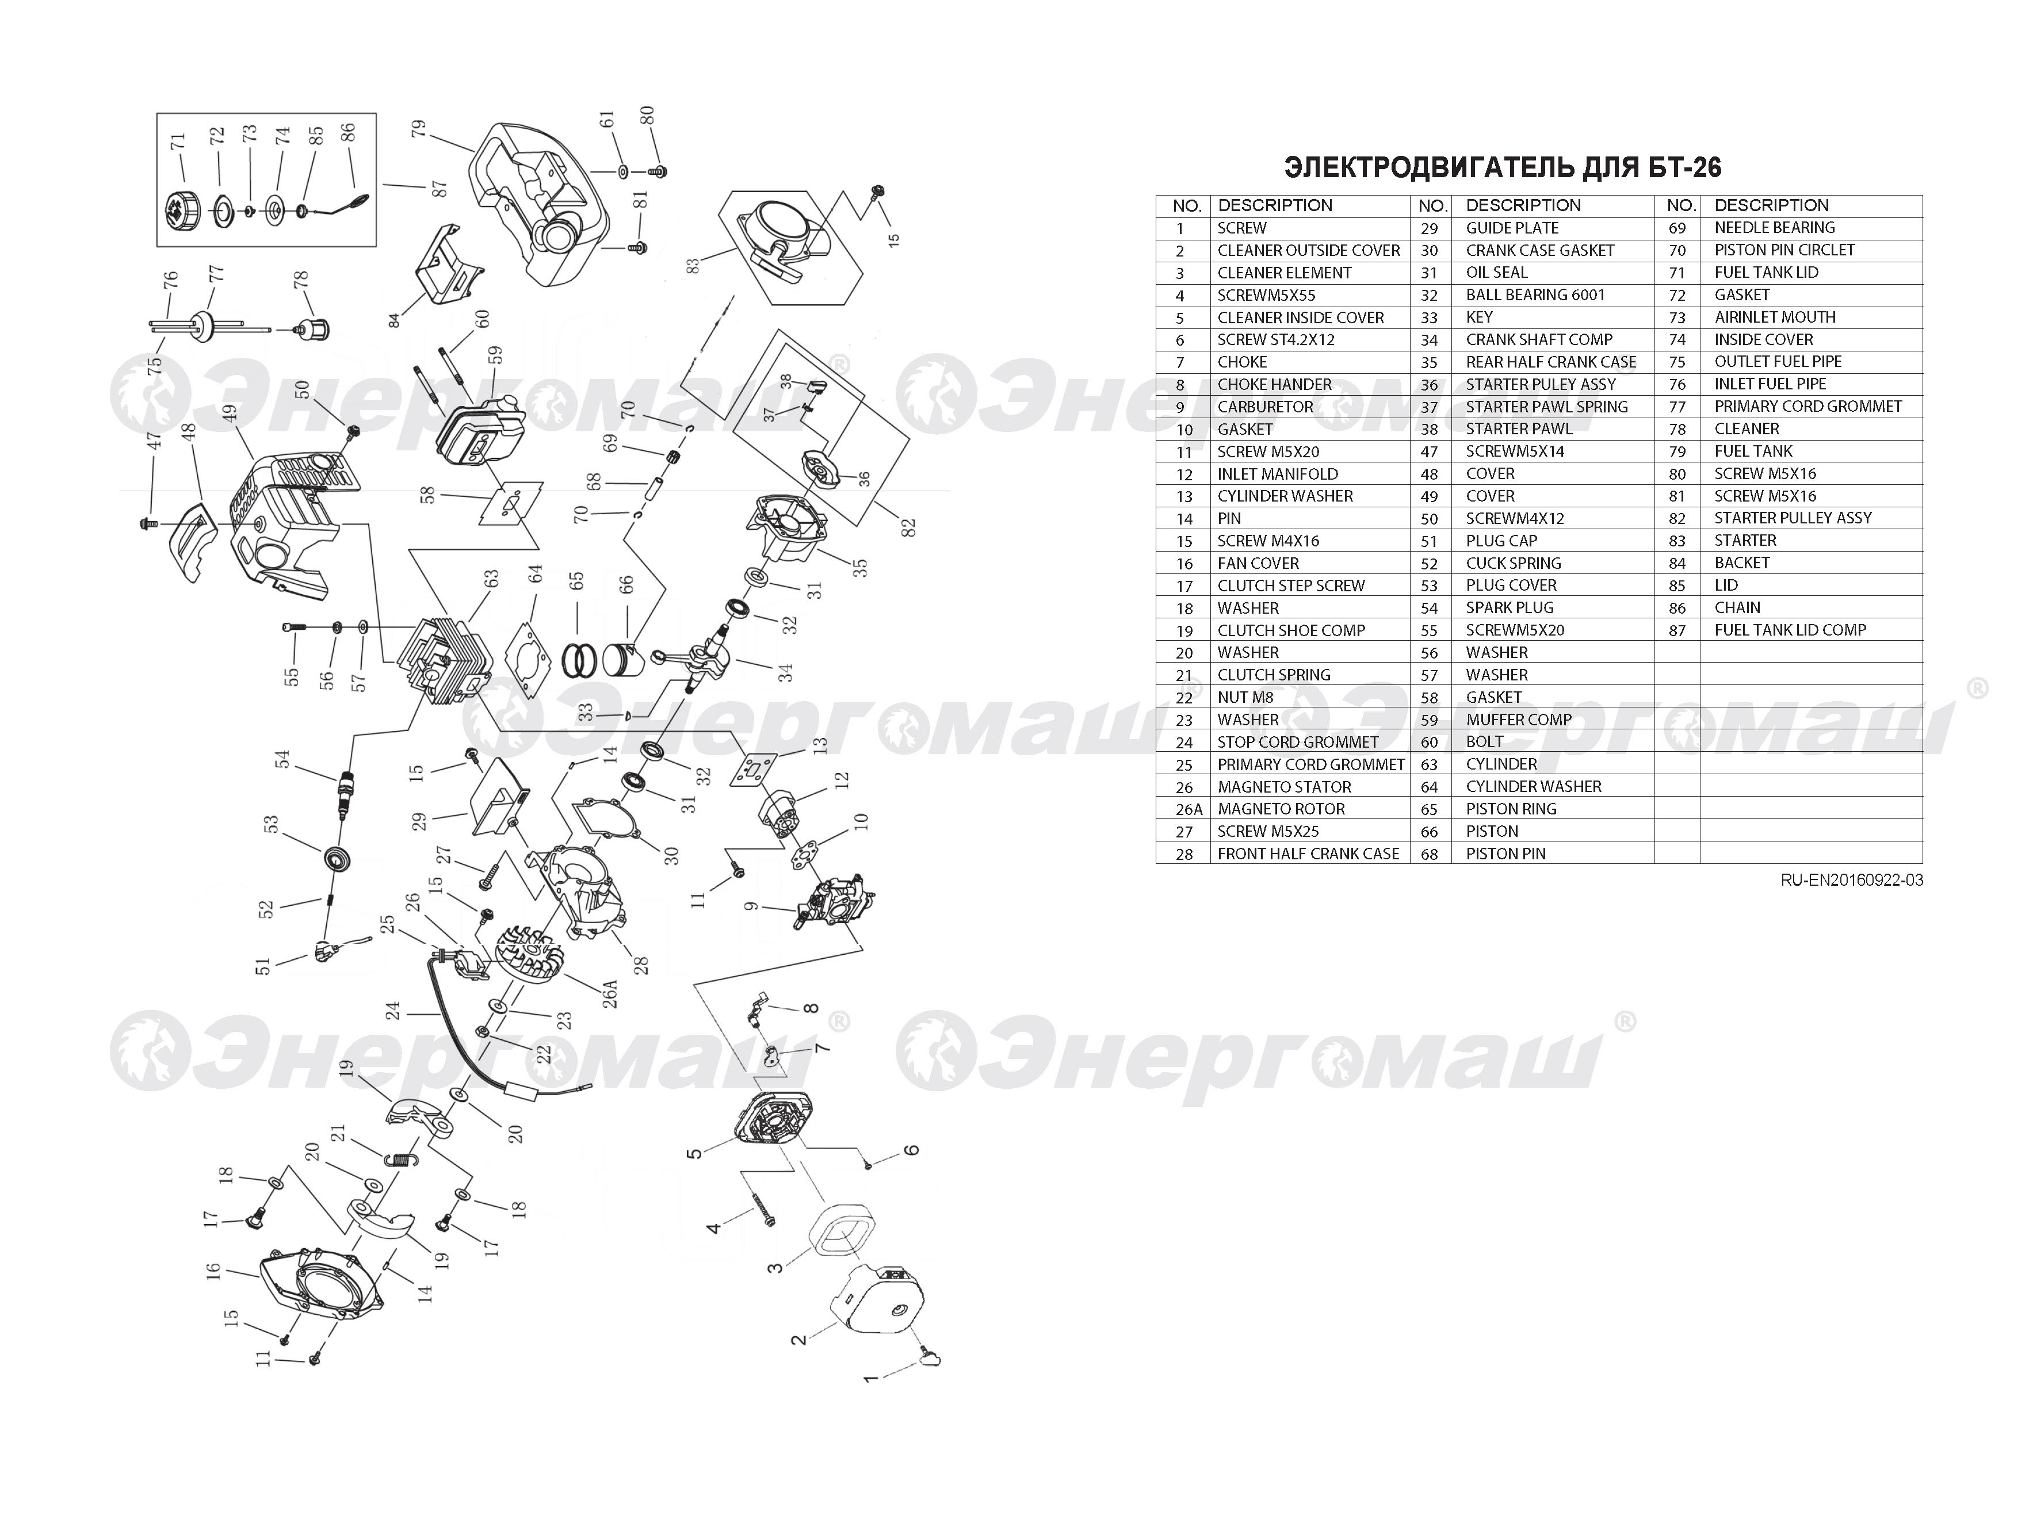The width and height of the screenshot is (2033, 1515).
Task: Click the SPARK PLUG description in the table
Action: (1510, 607)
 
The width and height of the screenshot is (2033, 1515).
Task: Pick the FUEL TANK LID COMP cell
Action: (1790, 630)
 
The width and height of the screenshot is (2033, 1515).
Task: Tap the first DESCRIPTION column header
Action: (1275, 205)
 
